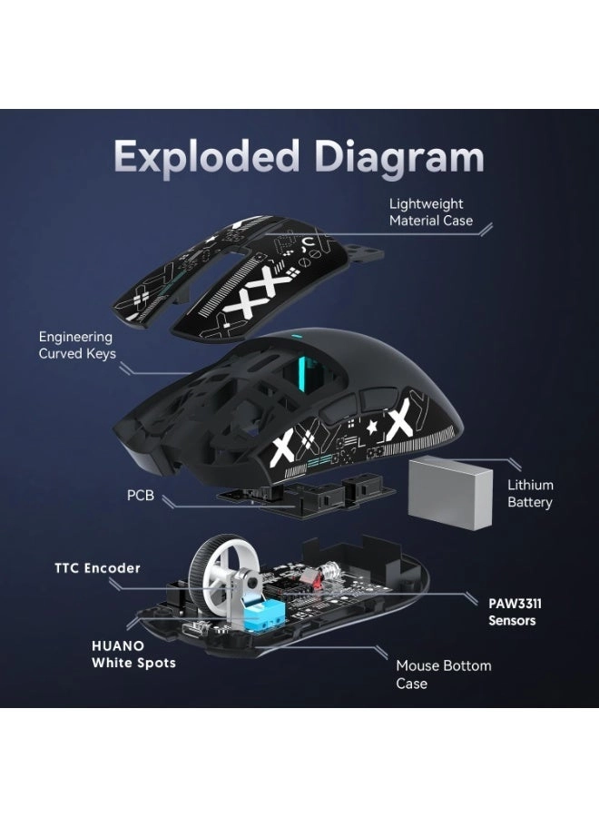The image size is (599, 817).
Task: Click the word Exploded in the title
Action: pos(204,156)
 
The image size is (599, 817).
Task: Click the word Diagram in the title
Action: pos(394,156)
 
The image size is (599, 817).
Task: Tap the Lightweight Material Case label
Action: pos(431,212)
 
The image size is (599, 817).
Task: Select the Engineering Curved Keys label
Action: pos(76,345)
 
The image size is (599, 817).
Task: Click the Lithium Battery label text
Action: pos(530,494)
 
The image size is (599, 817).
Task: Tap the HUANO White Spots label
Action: pos(133,654)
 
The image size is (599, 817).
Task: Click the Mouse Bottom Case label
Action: pos(443,674)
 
